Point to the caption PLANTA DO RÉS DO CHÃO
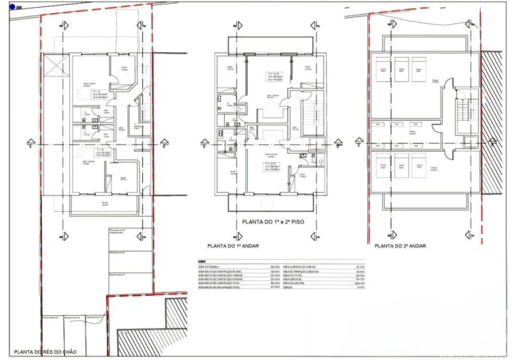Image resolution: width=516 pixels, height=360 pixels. coord(51,351)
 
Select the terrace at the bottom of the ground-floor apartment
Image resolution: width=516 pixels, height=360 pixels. coord(105,206)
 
